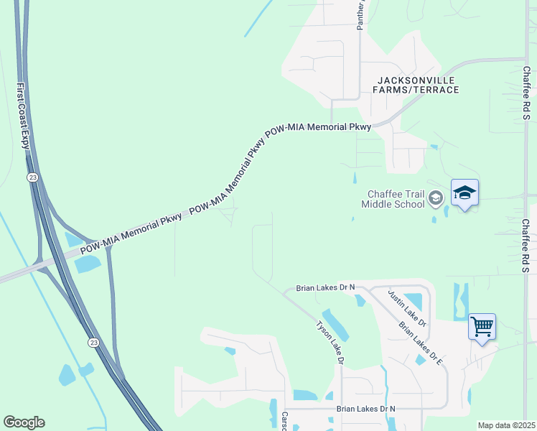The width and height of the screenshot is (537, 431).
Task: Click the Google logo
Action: click(x=24, y=422)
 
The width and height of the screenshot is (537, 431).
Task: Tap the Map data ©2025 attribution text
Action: click(x=506, y=425)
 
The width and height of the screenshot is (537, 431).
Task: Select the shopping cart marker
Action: click(x=482, y=327)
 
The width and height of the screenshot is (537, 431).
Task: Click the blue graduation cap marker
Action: click(x=464, y=193)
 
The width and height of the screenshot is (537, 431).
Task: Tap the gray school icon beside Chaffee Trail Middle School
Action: click(x=435, y=198)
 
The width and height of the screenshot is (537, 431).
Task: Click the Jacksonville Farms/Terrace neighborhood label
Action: click(x=416, y=85)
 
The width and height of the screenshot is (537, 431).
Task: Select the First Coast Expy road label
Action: click(x=24, y=115)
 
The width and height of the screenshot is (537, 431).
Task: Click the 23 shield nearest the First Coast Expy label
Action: click(x=32, y=177)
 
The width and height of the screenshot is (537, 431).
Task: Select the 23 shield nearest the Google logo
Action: click(x=93, y=343)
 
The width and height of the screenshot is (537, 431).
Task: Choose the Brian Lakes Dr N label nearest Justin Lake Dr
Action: click(x=326, y=288)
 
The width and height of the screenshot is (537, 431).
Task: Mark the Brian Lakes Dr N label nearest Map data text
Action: click(x=366, y=409)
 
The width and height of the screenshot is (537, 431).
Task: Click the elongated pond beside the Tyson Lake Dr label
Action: click(x=335, y=324)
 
